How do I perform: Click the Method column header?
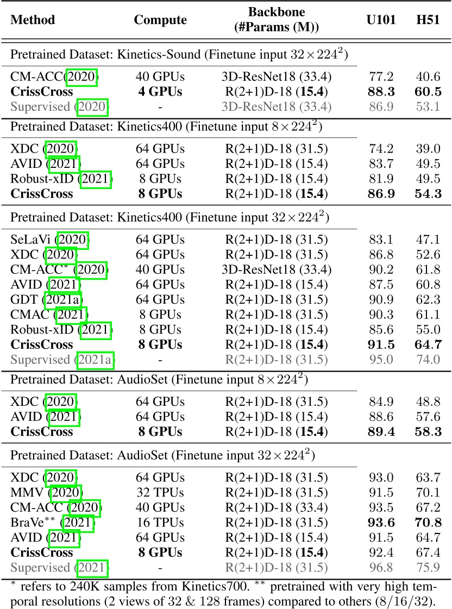(x=33, y=20)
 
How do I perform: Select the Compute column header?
(x=160, y=20)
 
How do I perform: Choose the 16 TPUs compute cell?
(x=160, y=523)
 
